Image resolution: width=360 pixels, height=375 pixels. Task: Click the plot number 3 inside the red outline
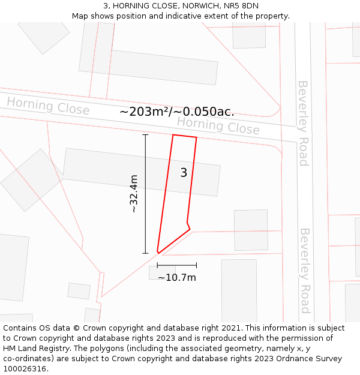(x=184, y=173)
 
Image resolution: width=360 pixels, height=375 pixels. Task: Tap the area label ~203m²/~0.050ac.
(x=177, y=112)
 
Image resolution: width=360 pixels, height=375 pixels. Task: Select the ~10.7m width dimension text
(x=177, y=277)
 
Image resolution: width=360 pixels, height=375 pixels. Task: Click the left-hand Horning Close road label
(x=48, y=106)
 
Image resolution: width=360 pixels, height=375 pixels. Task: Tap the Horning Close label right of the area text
(x=218, y=126)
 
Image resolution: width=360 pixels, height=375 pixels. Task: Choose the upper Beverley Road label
(x=303, y=123)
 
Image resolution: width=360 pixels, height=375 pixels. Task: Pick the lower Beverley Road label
(x=305, y=270)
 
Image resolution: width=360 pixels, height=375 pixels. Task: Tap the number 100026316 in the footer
(x=24, y=369)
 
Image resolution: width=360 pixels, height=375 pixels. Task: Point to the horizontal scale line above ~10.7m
(x=176, y=265)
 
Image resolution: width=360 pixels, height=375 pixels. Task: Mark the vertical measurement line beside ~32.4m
(x=145, y=194)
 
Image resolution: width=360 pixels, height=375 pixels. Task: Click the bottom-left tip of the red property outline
(x=158, y=253)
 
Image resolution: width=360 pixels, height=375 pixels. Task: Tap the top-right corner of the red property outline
(x=196, y=137)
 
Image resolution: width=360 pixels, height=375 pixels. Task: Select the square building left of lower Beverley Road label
(x=251, y=230)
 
